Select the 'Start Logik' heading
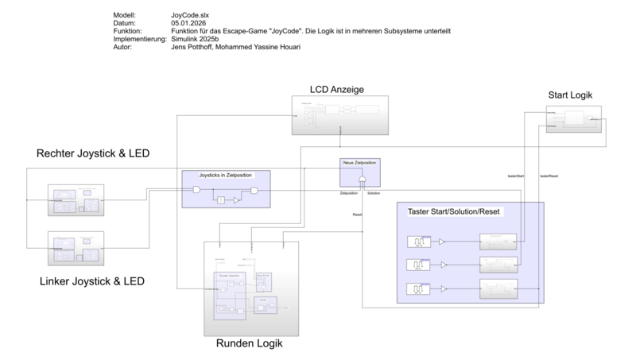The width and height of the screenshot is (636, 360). (570, 95)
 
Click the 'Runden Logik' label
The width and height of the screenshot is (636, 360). (249, 344)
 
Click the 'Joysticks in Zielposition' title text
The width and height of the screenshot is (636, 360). (227, 174)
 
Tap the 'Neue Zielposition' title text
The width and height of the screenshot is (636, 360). (359, 162)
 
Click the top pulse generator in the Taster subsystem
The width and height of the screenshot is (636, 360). (417, 242)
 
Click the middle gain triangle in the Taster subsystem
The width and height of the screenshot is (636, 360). (444, 265)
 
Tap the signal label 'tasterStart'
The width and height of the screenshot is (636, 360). (517, 176)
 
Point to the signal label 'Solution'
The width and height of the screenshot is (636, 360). (374, 193)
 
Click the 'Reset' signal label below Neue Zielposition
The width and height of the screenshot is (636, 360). (358, 215)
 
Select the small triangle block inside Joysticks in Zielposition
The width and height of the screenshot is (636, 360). (237, 202)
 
